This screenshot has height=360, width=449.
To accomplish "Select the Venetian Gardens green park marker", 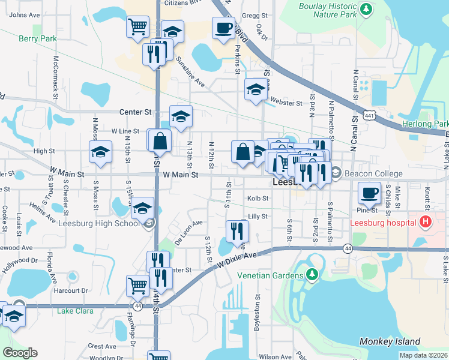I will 311,275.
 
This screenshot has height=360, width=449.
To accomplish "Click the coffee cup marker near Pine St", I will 369,194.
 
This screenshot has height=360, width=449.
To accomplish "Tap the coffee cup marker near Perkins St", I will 223,28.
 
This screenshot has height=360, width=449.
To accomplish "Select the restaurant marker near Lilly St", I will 237,230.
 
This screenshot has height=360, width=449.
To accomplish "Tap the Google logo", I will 20,353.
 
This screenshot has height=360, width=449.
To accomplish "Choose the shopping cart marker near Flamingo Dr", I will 137,286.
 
